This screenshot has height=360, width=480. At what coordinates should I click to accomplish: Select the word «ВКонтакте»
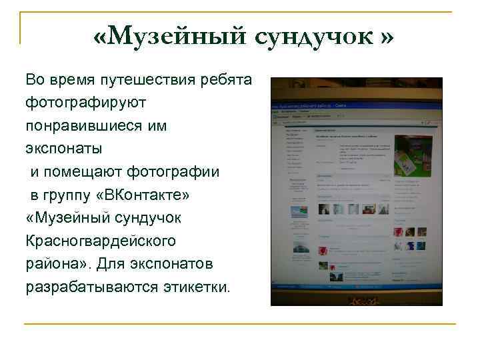(x=147, y=195)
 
